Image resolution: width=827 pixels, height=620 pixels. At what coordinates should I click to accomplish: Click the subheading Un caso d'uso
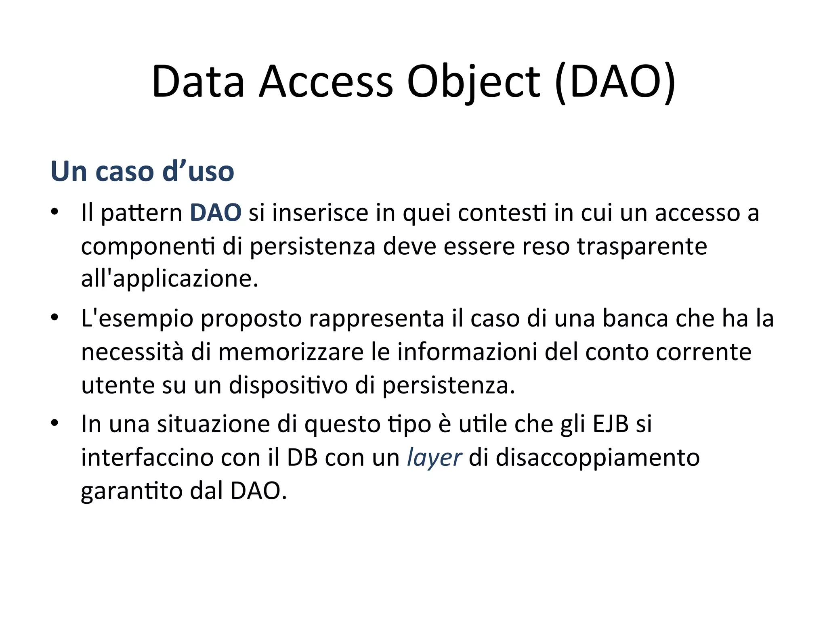(142, 172)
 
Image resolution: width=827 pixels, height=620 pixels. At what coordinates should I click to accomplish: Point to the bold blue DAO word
(216, 213)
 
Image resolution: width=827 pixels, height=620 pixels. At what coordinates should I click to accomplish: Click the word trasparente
(642, 246)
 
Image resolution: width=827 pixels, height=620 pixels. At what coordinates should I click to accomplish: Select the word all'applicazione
(170, 279)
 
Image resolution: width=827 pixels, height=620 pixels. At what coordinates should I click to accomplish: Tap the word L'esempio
(137, 318)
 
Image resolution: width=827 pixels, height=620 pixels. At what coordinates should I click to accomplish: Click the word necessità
(132, 352)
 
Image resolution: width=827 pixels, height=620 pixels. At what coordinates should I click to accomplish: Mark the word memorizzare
(291, 352)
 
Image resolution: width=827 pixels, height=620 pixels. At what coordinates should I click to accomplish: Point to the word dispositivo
(288, 385)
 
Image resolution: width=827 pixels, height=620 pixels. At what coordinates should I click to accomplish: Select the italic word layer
(434, 458)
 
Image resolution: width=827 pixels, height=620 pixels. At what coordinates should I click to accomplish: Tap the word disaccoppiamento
(598, 458)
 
